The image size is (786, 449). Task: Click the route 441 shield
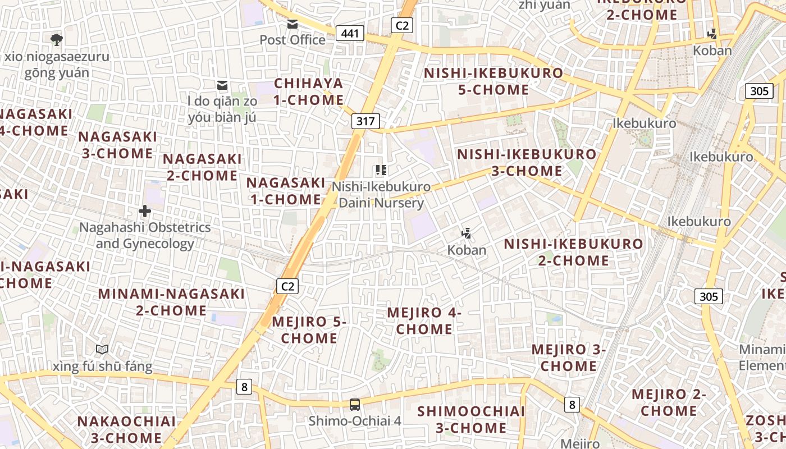pyautogui.click(x=349, y=34)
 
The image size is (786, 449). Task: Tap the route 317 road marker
pyautogui.click(x=367, y=121)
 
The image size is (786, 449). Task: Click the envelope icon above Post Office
pyautogui.click(x=293, y=24)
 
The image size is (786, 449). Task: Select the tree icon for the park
pyautogui.click(x=56, y=39)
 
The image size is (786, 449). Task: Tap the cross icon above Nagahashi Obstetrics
pyautogui.click(x=145, y=211)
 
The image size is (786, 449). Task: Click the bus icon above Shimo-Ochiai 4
pyautogui.click(x=354, y=404)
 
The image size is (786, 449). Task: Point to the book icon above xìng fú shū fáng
pyautogui.click(x=102, y=350)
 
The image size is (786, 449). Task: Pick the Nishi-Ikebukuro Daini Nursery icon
pyautogui.click(x=381, y=170)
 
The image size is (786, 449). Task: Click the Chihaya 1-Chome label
pyautogui.click(x=309, y=91)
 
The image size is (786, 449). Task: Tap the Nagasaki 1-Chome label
pyautogui.click(x=286, y=191)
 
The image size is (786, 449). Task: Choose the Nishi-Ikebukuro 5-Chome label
pyautogui.click(x=493, y=81)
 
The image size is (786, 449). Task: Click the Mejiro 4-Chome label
pyautogui.click(x=424, y=320)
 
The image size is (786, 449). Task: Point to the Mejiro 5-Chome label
pyautogui.click(x=309, y=329)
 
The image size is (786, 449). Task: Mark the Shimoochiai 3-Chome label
pyautogui.click(x=471, y=419)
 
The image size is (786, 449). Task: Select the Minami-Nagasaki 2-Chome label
pyautogui.click(x=171, y=302)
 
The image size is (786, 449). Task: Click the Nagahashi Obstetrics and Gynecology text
pyautogui.click(x=145, y=235)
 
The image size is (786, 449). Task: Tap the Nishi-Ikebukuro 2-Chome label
pyautogui.click(x=573, y=252)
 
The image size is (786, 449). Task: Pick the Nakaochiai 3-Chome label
pyautogui.click(x=126, y=429)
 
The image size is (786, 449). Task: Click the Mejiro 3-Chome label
pyautogui.click(x=569, y=358)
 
